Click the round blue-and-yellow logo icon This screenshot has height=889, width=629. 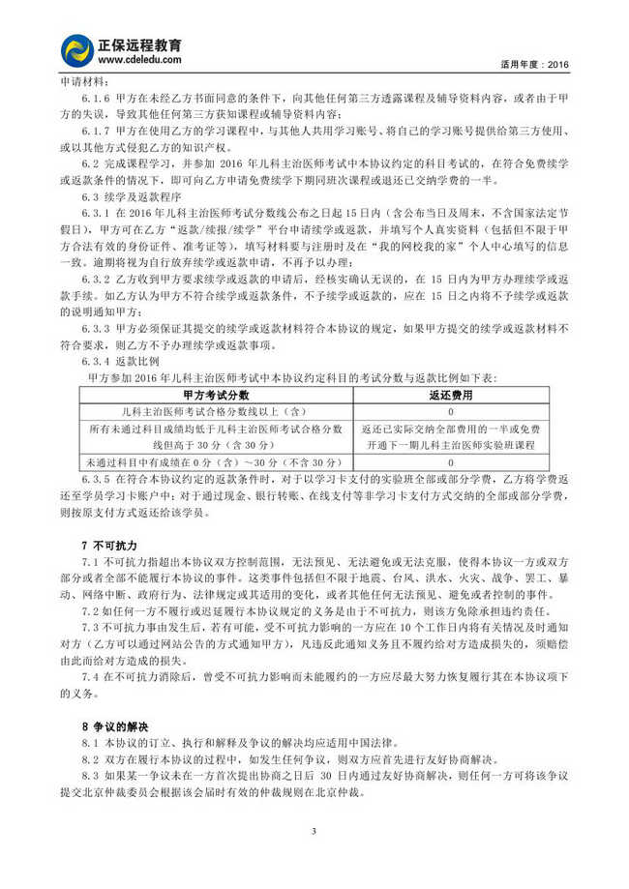pos(76,50)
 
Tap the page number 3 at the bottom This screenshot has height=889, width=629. pos(314,831)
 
